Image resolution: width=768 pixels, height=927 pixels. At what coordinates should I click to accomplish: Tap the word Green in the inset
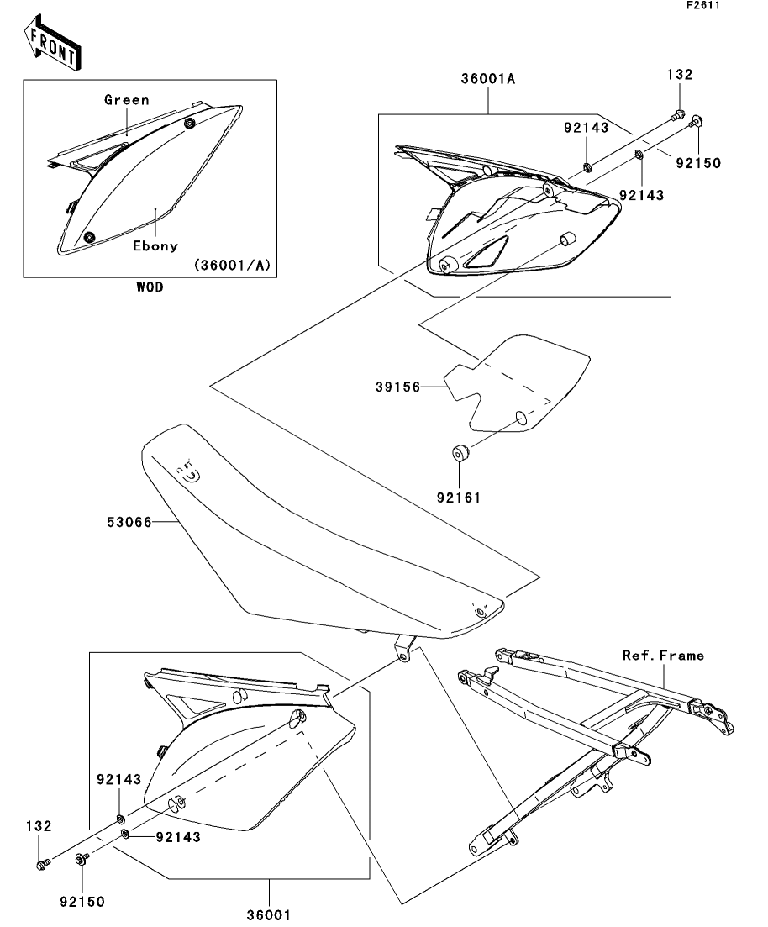(127, 100)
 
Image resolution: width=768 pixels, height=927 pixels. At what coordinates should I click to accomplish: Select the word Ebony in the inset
(155, 246)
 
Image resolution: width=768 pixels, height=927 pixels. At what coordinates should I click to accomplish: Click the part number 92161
(460, 497)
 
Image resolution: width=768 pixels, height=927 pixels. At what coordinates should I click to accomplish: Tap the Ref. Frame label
(664, 655)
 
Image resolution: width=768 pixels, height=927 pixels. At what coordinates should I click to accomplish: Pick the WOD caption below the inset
(150, 287)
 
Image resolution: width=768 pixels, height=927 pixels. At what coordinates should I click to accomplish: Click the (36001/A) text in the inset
(233, 265)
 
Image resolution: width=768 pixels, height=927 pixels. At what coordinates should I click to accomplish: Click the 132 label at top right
(681, 75)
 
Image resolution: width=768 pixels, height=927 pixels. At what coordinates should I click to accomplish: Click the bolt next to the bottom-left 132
(43, 863)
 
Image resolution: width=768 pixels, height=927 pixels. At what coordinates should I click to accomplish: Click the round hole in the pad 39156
(520, 416)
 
